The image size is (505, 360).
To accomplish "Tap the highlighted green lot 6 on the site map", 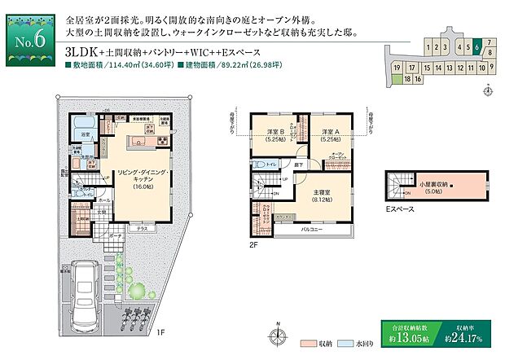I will (476, 46).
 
